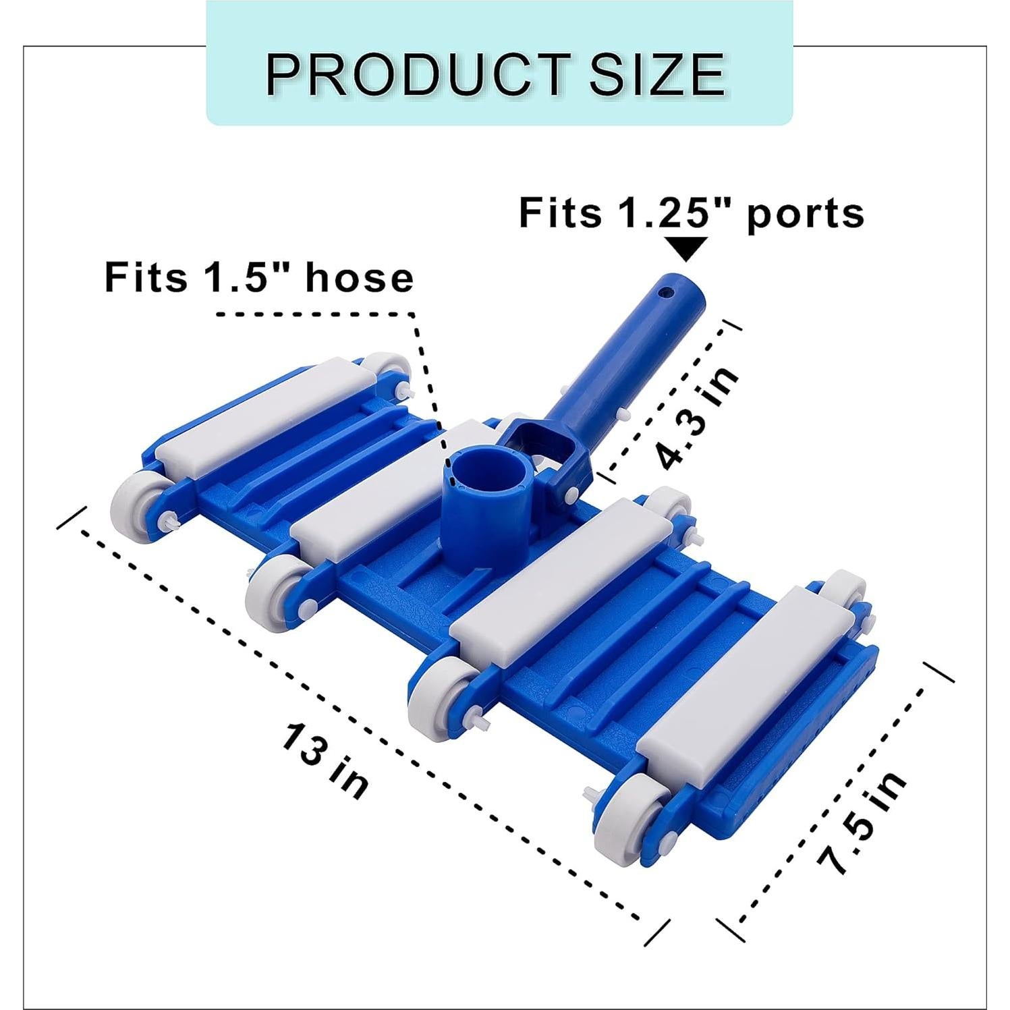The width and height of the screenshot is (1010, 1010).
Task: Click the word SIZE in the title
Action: coord(657,74)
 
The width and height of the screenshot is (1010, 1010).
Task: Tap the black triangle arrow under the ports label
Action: coord(685,248)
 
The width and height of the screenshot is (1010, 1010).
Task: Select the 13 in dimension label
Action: coord(325,760)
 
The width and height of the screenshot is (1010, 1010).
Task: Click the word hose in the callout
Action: coord(360,278)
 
